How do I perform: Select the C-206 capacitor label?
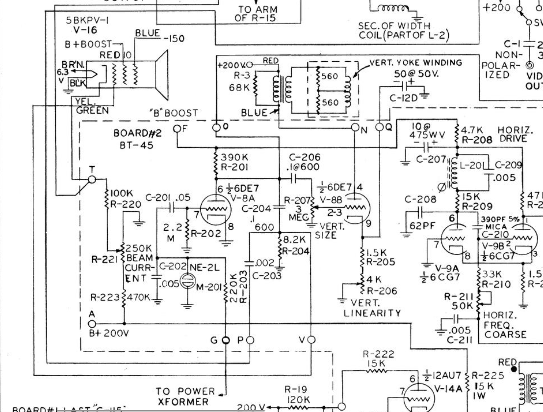point(305,157)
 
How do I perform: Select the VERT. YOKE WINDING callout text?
point(415,62)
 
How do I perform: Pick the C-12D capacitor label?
point(403,98)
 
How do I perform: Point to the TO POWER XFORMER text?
point(185,396)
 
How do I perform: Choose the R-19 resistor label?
point(296,389)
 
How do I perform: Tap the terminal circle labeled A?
point(91,323)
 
